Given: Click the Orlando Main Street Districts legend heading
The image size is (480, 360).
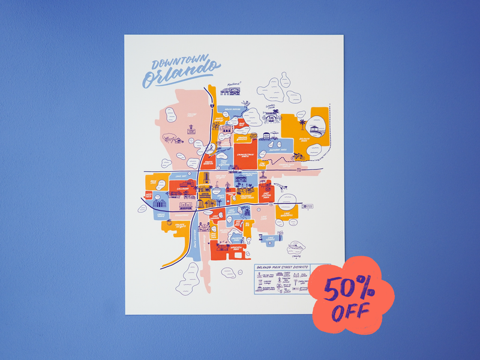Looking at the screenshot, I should point(282,268).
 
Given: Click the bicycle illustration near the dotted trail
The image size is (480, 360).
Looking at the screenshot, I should point(295,157).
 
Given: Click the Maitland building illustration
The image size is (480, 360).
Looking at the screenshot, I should point(229,91).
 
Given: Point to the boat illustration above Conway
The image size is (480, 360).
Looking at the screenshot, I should point(296,247).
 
